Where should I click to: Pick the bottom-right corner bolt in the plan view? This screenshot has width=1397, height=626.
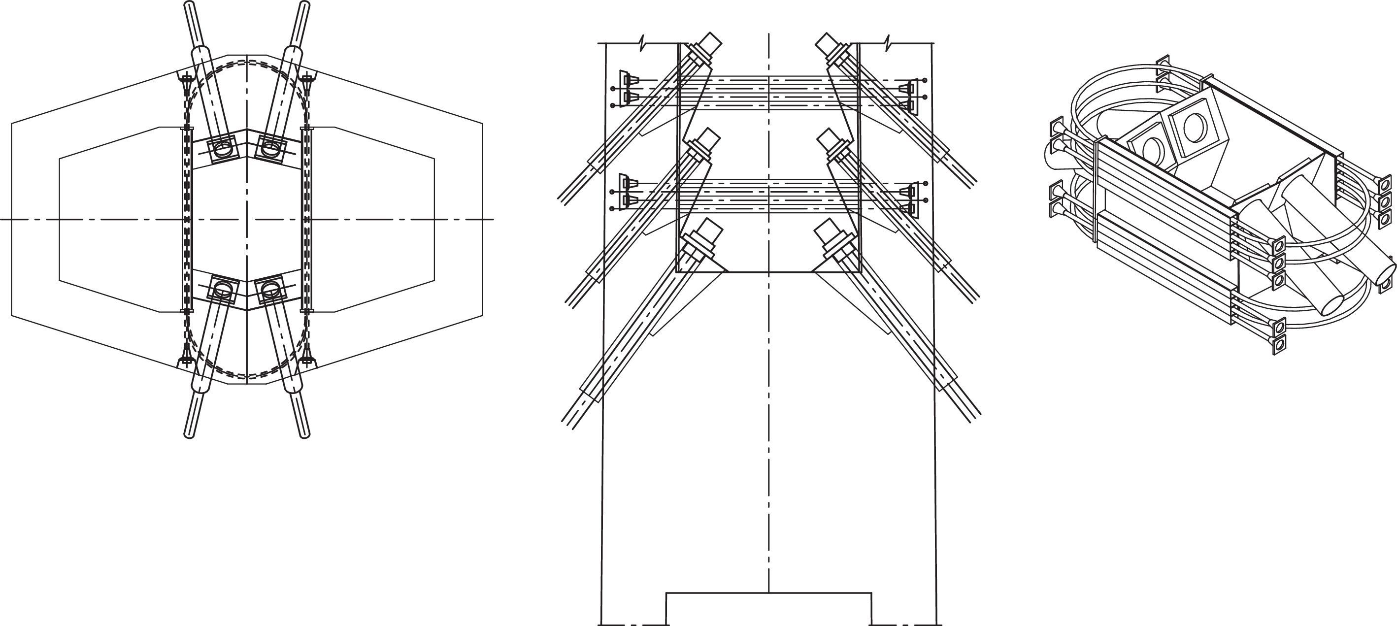click(x=307, y=359)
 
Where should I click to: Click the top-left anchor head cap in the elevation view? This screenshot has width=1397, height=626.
click(x=711, y=42)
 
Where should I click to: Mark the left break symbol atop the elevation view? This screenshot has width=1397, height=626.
click(x=642, y=41)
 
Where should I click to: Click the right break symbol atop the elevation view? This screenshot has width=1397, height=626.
click(x=887, y=41)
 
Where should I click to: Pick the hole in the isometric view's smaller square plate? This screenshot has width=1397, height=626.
click(x=1150, y=149)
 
